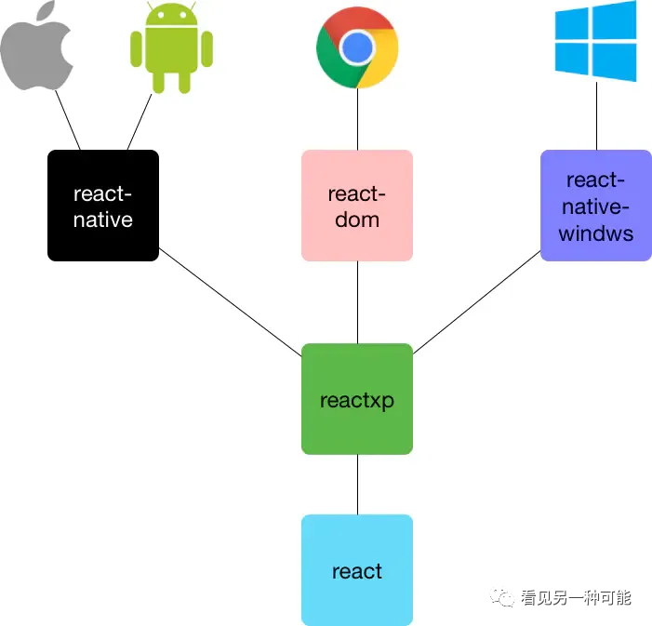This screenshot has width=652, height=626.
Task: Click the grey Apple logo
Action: tap(36, 48)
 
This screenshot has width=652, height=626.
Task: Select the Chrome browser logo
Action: tap(357, 47)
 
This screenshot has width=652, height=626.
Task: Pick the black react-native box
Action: tap(103, 206)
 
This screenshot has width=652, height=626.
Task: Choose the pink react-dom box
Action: tap(357, 206)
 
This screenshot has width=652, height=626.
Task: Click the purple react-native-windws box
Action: tap(595, 206)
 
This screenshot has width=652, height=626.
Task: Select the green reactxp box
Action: tap(357, 399)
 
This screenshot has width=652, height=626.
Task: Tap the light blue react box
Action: tap(357, 569)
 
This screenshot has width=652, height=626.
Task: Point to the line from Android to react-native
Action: tap(140, 122)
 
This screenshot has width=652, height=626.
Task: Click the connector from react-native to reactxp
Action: tap(230, 301)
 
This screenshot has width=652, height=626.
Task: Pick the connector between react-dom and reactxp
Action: tap(357, 302)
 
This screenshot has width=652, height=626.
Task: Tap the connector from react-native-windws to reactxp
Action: tap(476, 302)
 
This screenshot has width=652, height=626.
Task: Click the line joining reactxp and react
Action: tap(357, 484)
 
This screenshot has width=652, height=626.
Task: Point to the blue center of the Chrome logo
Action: tap(357, 47)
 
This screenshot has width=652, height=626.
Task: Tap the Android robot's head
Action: tap(171, 22)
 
